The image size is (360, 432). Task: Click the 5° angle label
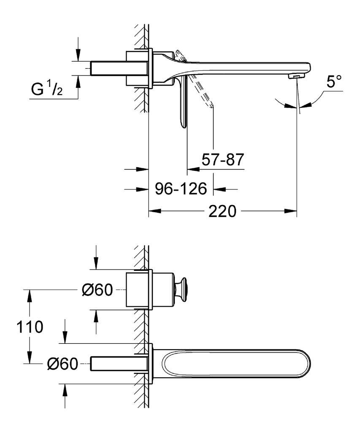[334, 82]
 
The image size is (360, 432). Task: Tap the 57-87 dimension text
[223, 159]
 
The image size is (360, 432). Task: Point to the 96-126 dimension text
[181, 189]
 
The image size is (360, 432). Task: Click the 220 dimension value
[222, 211]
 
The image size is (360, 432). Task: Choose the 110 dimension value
[30, 327]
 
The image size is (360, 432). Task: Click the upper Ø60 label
[97, 290]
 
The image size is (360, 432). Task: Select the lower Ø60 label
[62, 364]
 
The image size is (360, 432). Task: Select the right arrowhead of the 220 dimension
[291, 211]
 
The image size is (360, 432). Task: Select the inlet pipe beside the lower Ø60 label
[119, 364]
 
